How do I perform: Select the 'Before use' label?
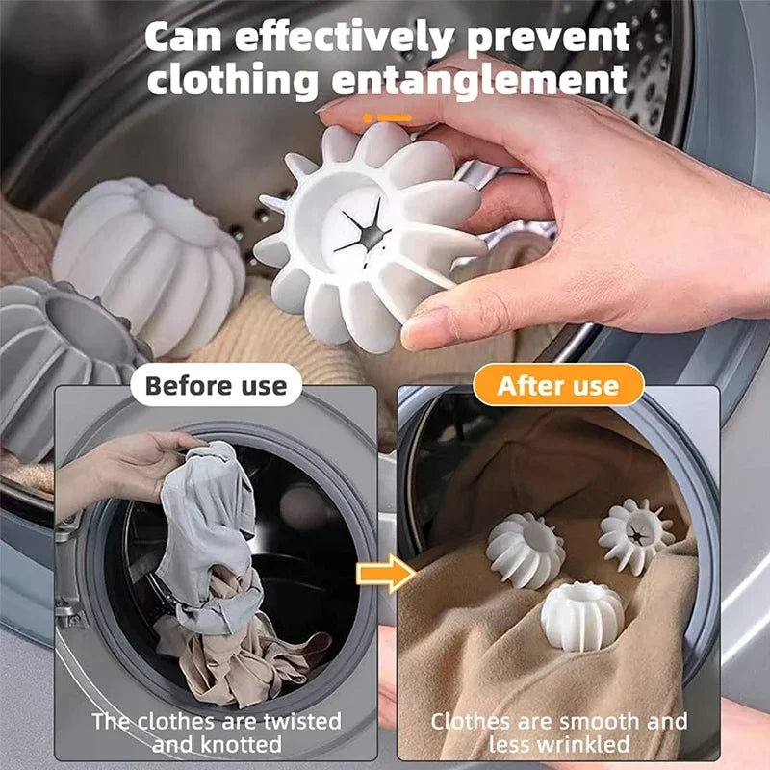pos(216,386)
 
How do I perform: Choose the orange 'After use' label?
pos(557,386)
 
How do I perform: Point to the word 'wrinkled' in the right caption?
pos(597,744)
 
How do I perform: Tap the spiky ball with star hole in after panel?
pos(636,535)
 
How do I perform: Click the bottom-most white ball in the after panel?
pos(582,614)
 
